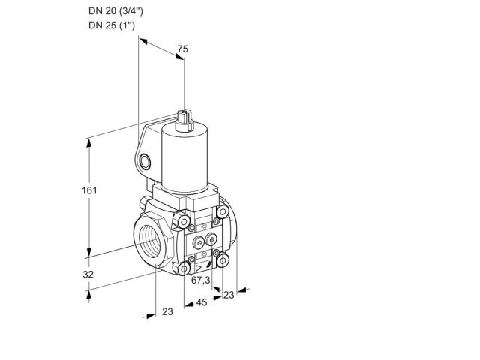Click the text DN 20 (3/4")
pos(115,11)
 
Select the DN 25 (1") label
pos(112,25)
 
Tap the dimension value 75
pos(183,49)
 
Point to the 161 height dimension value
pos(89,190)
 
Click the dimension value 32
pos(88,274)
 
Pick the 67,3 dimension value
pos(200,280)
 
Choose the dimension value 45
pos(202,302)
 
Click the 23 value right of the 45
pos(229,295)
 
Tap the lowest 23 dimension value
pos(167,312)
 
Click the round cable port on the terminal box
pos(145,162)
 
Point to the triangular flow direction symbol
pos(198,268)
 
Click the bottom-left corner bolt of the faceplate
pos(184,269)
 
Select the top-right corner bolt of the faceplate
pos(223,211)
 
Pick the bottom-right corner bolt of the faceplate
pos(223,260)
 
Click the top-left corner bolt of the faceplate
pos(183,221)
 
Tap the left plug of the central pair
pos(199,243)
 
